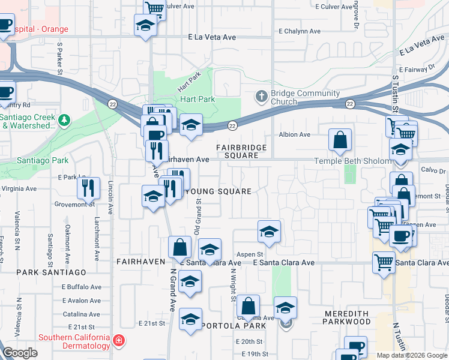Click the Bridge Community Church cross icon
261,96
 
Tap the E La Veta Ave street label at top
212,37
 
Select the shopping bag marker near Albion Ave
340,140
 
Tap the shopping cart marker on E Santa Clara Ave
384,262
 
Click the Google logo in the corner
20,353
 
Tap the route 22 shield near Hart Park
232,125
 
